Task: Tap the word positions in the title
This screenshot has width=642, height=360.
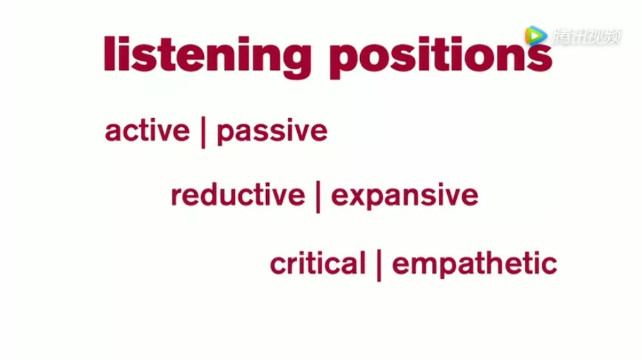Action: (441, 57)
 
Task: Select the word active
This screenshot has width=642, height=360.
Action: (147, 131)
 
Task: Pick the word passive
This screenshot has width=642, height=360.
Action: (272, 132)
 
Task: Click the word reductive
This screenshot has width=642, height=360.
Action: (238, 195)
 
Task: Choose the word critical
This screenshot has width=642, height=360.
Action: (318, 263)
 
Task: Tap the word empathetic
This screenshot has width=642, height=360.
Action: (475, 264)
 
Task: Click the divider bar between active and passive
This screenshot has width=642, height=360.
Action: (203, 132)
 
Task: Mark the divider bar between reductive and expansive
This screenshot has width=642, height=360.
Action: (318, 198)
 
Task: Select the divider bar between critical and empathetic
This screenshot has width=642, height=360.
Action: (379, 265)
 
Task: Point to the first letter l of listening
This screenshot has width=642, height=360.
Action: (109, 54)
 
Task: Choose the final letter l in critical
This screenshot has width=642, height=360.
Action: (362, 263)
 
